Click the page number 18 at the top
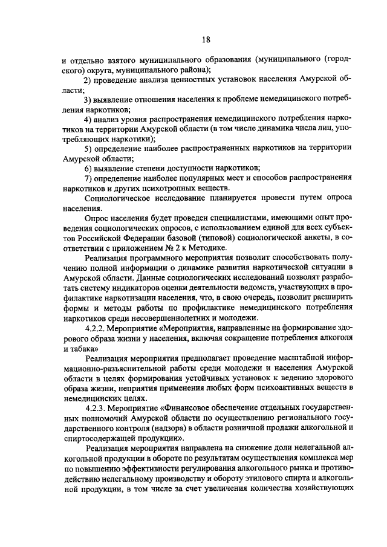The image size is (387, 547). [206, 40]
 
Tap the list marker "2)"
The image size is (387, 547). [88, 80]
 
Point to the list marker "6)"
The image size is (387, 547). [88, 167]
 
